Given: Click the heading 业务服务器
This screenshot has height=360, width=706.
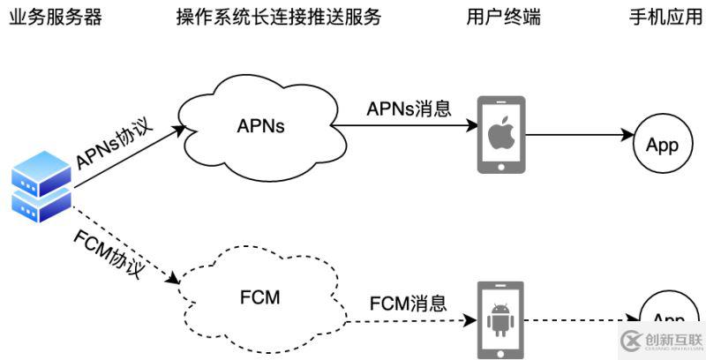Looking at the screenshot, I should coord(55,17).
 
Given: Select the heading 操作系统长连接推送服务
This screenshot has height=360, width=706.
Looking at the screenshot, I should coord(279,17).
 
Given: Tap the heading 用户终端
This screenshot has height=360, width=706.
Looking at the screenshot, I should coord(500,17).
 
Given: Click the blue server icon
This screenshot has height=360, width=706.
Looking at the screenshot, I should coord(41,186).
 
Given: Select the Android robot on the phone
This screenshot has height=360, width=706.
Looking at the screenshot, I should coord(500,319).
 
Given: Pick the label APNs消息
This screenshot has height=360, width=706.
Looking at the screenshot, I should coord(409,109).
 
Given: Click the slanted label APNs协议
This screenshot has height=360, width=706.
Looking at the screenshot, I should coord(115,144).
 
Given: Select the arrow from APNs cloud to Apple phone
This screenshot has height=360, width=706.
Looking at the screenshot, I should coord(406,125).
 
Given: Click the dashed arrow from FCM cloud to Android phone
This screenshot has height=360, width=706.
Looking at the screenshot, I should coord(406,319).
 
